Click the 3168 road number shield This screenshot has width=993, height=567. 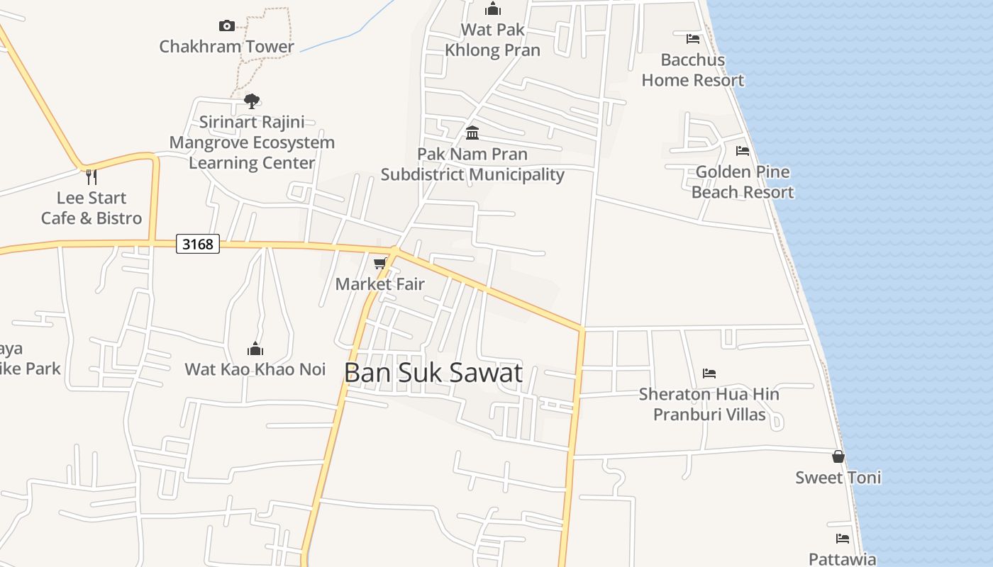point(198,245)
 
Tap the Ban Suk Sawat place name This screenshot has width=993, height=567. point(433,373)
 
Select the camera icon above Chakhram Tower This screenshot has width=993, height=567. point(227,26)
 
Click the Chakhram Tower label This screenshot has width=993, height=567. point(226,47)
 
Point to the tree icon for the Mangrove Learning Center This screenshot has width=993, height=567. point(252,101)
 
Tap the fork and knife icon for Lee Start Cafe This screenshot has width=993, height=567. point(91,176)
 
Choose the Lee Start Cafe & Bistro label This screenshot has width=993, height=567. point(91,208)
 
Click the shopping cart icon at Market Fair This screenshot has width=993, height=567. point(380,264)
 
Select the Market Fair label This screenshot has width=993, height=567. point(380,284)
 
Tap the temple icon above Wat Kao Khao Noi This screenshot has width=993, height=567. point(255,349)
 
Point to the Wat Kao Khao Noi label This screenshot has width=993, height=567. point(255,369)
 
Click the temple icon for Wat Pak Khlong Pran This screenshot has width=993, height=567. point(492,9)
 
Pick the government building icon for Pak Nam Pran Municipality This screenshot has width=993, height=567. point(472,133)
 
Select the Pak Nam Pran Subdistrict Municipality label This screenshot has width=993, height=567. point(472,164)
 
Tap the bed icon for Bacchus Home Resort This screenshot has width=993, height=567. point(693,39)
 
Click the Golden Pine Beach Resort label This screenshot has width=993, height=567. point(743,182)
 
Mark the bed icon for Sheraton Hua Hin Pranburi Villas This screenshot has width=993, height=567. point(709,374)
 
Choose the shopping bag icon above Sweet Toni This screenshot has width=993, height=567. point(838,456)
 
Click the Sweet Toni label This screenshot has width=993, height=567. point(838,478)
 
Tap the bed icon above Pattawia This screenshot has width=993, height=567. point(843,539)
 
